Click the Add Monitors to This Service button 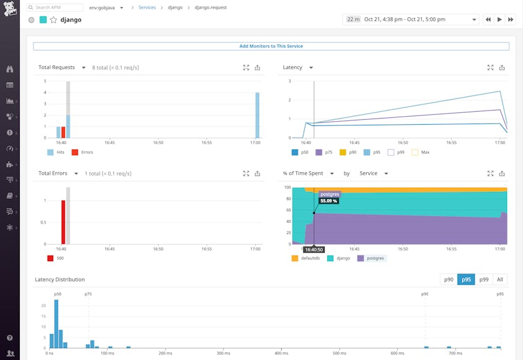271,46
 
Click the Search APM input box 56,7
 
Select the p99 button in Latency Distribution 483,279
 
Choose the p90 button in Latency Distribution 449,279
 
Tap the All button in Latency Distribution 500,279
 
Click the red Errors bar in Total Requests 63,132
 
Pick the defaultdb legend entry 309,258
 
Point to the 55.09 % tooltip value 328,201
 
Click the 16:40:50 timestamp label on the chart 314,249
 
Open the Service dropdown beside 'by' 373,174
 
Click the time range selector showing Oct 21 411,20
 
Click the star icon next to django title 53,20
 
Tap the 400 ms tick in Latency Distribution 281,353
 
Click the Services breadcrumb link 147,7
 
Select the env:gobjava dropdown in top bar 106,7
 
